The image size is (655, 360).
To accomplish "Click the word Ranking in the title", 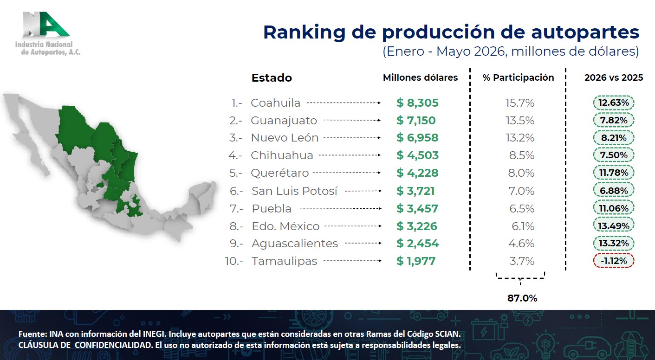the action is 305,33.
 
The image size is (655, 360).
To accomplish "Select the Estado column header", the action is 272,78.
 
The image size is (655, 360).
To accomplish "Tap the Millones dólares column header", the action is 420,77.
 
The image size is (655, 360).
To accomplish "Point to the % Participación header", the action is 518,77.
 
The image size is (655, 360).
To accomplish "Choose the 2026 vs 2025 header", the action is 614,77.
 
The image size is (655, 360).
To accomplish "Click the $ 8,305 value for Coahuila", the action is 417,103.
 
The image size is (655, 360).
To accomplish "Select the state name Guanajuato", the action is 284,121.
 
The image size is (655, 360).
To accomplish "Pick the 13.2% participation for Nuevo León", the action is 520,138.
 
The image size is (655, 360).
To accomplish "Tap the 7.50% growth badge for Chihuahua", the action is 614,155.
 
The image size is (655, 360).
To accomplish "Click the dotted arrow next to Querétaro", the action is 347,173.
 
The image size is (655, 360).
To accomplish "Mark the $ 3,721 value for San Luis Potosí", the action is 415,191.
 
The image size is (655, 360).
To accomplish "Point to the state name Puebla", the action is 272,209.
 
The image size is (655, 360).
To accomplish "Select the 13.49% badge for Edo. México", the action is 614,226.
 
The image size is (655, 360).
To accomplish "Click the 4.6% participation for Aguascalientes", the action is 521,243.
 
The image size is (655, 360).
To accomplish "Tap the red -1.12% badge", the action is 614,261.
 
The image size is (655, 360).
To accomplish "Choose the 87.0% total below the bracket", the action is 522,298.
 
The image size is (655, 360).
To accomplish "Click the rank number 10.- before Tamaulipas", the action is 234,261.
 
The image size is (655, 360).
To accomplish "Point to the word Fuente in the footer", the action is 32,334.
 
